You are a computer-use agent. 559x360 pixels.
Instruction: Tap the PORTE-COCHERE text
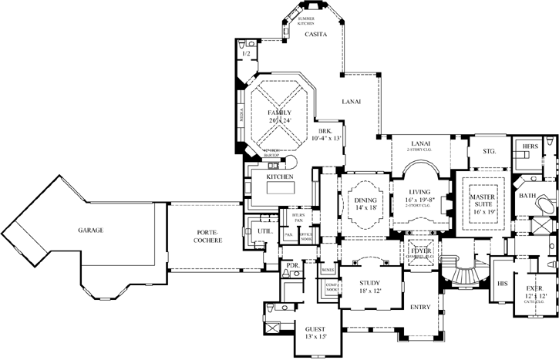[208, 236]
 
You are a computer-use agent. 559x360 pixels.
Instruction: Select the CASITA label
[316, 35]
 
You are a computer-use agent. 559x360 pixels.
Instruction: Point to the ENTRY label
[420, 306]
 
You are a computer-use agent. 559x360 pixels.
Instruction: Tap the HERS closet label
[530, 146]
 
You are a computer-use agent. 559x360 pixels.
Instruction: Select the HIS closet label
[505, 284]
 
